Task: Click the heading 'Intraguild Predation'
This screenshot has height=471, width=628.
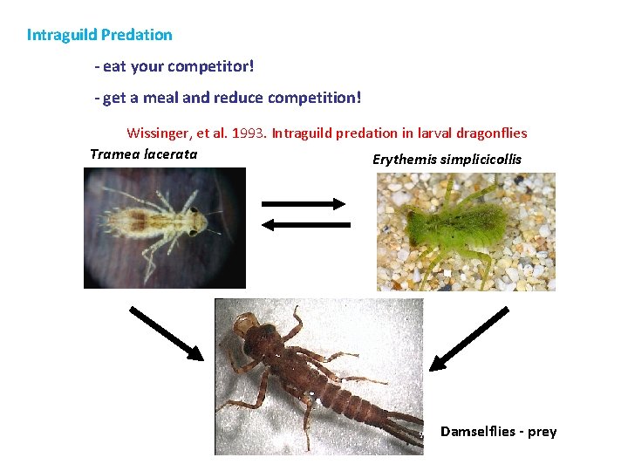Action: tap(99, 35)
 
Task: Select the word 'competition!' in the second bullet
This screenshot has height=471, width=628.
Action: tap(319, 98)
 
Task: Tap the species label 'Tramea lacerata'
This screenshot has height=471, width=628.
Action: tap(144, 154)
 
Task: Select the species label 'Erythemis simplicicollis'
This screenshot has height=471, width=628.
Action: tap(447, 160)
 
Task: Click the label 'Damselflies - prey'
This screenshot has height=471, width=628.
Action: tap(498, 432)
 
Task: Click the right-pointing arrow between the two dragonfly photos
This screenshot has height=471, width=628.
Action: tap(304, 204)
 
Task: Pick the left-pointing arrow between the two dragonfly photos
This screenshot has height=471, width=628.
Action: tap(306, 225)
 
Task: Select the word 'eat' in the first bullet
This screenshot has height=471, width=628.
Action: tap(114, 66)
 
